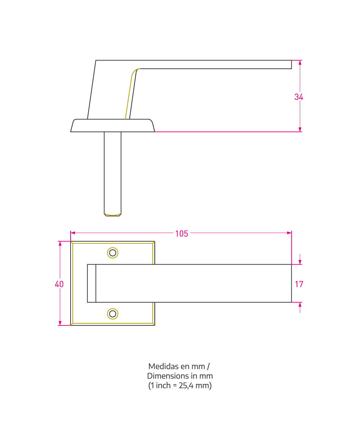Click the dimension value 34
click(298, 97)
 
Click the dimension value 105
click(181, 234)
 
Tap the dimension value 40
click(59, 284)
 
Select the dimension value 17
click(299, 284)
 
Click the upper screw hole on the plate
click(113, 253)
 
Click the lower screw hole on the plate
click(113, 314)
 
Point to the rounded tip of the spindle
click(113, 215)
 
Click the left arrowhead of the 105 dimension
click(73, 233)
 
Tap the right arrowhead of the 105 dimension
click(289, 233)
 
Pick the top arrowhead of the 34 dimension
click(300, 63)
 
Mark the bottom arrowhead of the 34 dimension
click(300, 130)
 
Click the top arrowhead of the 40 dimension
click(60, 243)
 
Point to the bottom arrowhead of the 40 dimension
click(60, 323)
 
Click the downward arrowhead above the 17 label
click(300, 262)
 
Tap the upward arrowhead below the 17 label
click(300, 305)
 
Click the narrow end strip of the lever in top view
click(92, 283)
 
